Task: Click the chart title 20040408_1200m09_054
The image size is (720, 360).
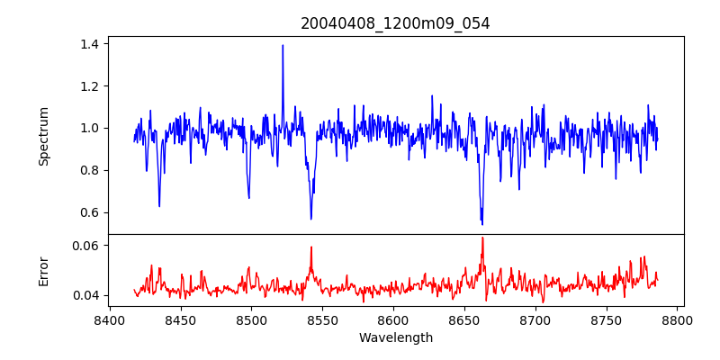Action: pos(395,23)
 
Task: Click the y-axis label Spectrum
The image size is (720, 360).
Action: pos(43,136)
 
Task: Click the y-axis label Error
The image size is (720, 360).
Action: pos(43,271)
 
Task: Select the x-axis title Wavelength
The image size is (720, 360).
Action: pos(395,338)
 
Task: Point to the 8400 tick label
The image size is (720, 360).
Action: pos(110,320)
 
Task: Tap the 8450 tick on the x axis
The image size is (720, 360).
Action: pos(181,320)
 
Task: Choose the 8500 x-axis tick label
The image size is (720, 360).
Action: pos(251,320)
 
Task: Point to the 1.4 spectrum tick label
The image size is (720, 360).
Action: pos(90,44)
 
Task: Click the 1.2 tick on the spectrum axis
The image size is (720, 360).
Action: pos(90,86)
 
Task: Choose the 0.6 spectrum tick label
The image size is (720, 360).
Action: pos(90,213)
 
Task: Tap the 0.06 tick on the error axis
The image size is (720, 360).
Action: pos(86,245)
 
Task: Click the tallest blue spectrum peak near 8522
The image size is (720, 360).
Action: pos(283,45)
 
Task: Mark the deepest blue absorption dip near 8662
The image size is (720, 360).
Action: pos(482,224)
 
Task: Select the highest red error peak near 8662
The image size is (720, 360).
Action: pos(482,238)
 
